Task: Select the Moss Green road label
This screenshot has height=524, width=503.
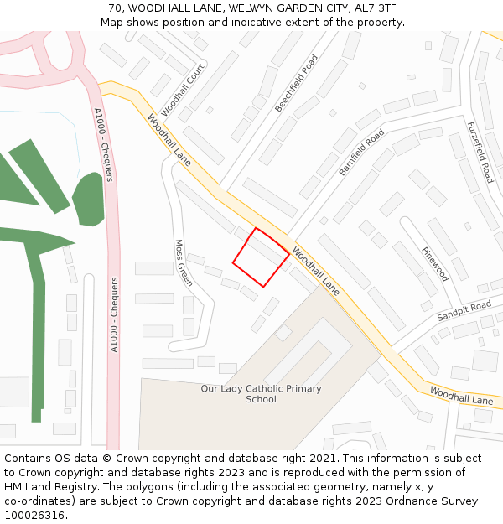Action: (184, 262)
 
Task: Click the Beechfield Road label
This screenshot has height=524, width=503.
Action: (297, 84)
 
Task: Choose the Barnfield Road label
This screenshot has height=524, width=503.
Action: (361, 152)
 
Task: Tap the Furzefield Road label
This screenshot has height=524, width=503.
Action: (480, 152)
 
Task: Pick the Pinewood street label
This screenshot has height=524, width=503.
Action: (435, 264)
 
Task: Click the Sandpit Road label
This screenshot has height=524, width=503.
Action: (464, 311)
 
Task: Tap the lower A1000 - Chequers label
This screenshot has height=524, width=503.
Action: (114, 314)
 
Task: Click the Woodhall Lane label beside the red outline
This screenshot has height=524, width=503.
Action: (316, 277)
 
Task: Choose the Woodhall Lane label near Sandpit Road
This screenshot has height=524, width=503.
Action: (461, 396)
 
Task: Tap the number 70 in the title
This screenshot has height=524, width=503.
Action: (115, 8)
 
